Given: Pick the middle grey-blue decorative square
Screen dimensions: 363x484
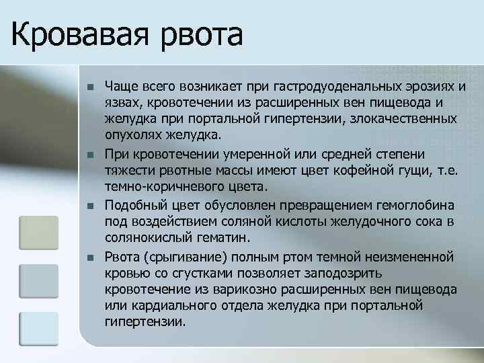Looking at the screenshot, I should tap(40, 282).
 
